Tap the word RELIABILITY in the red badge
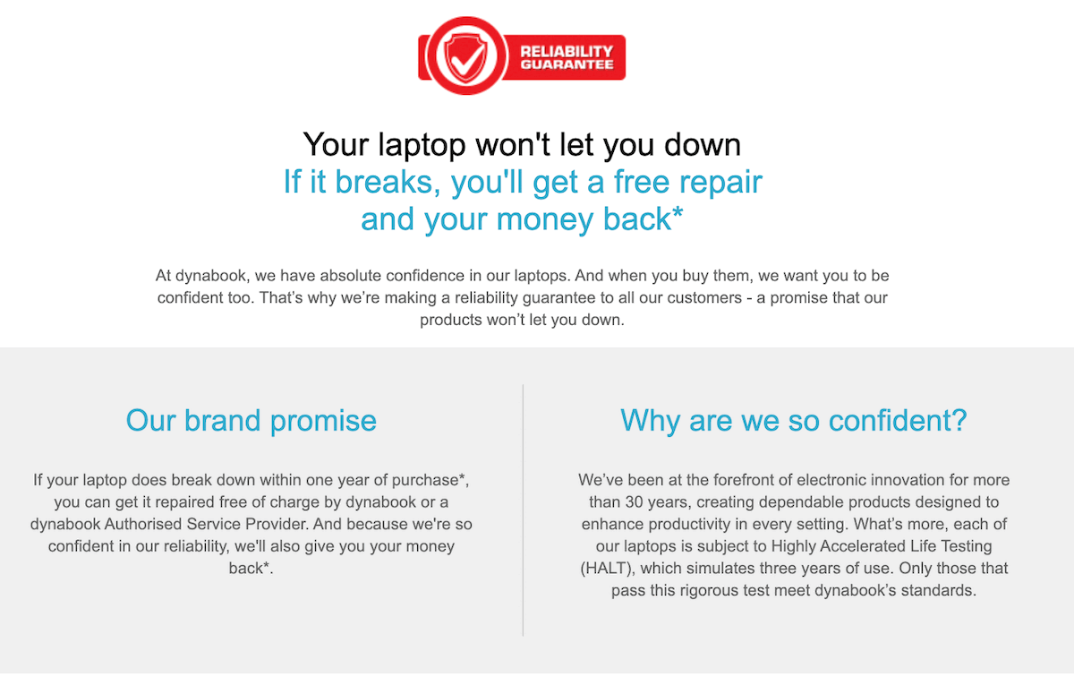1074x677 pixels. [567, 51]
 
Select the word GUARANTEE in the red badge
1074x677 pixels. [567, 65]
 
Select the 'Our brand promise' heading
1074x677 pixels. [251, 420]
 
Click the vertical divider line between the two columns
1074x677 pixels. [523, 510]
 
